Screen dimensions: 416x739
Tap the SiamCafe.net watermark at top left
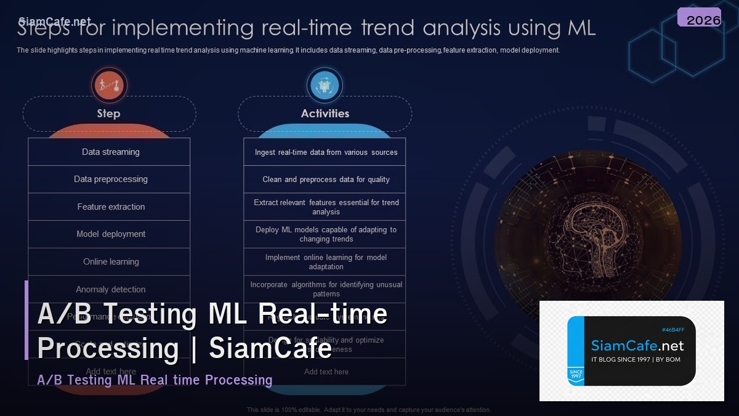pyautogui.click(x=55, y=22)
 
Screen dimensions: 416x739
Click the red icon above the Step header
pyautogui.click(x=109, y=86)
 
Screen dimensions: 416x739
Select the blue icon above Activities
pyautogui.click(x=325, y=86)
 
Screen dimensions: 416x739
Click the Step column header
pyautogui.click(x=109, y=113)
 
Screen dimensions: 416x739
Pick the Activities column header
pyautogui.click(x=325, y=113)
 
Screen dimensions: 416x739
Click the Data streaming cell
pyautogui.click(x=110, y=152)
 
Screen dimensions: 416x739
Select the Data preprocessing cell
pyautogui.click(x=110, y=179)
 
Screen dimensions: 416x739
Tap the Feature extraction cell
pyautogui.click(x=110, y=207)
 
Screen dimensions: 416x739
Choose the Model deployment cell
pyautogui.click(x=110, y=234)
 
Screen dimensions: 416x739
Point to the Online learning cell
pyautogui.click(x=110, y=262)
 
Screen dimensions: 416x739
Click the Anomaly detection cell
pyautogui.click(x=110, y=289)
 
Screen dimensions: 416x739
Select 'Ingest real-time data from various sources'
pyautogui.click(x=326, y=152)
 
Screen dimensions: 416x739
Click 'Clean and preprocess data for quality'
pyautogui.click(x=326, y=179)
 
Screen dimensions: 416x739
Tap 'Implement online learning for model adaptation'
pyautogui.click(x=326, y=262)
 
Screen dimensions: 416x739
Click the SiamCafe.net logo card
pyautogui.click(x=631, y=351)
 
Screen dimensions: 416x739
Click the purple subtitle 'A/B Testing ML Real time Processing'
pyautogui.click(x=155, y=380)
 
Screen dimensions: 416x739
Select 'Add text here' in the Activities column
pyautogui.click(x=326, y=372)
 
